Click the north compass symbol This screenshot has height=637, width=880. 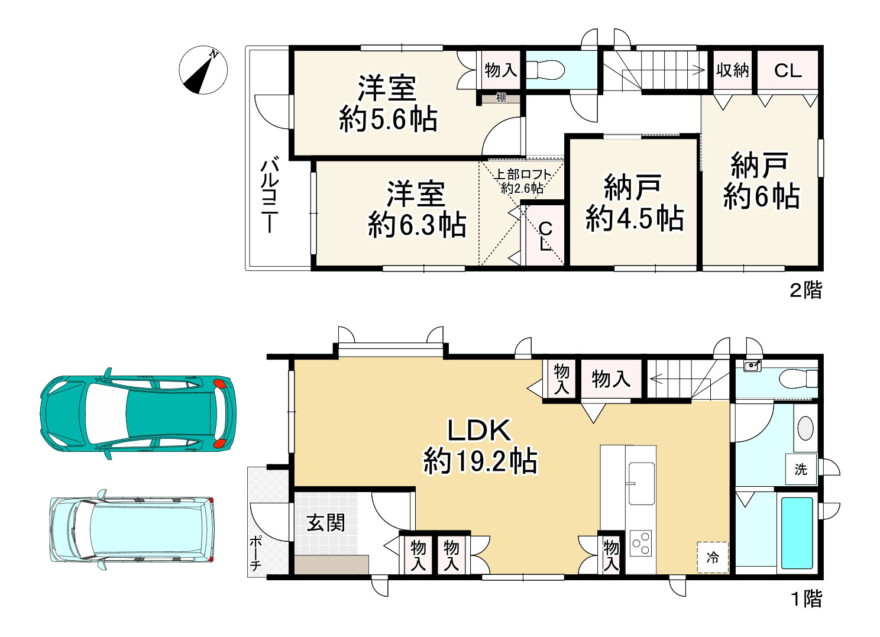tap(203, 70)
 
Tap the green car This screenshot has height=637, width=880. tap(138, 414)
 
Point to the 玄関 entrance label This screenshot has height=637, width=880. tap(326, 523)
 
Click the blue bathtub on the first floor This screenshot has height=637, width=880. tap(797, 533)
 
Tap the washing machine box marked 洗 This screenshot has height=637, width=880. tap(801, 469)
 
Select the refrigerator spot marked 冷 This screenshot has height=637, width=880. tap(713, 557)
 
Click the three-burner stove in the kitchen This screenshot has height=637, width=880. tap(640, 543)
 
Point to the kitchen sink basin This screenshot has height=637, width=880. tap(642, 483)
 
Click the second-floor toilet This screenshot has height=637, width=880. tap(545, 70)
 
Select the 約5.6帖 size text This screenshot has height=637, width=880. tap(388, 119)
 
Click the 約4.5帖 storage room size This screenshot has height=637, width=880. tap(635, 218)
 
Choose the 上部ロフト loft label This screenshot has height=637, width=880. tap(523, 174)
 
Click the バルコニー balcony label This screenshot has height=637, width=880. tap(270, 195)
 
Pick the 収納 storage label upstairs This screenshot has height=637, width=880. tap(732, 70)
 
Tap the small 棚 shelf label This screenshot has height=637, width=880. tap(501, 97)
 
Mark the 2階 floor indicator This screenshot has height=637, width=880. tap(806, 290)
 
